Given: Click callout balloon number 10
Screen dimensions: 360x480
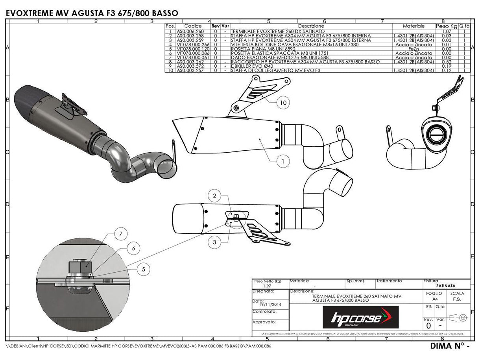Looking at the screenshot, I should tap(283, 103).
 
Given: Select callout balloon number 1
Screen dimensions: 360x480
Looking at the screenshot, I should tap(283, 161).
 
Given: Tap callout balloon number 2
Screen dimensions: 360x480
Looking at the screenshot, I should tap(215, 196).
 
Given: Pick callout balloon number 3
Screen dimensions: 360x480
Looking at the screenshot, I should tap(215, 242).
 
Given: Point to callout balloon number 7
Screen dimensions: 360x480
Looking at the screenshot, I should tap(121, 234).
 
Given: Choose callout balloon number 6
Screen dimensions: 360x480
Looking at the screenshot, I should tap(134, 248).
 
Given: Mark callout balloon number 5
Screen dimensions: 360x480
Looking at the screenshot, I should tap(144, 269).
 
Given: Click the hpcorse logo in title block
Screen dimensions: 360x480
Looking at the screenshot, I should tap(360, 317).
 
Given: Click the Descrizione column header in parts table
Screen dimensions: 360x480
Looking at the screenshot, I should tap(311, 26).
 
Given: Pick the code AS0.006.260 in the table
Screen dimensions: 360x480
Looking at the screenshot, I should tap(190, 31).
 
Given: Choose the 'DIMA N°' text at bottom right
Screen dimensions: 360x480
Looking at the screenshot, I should tap(447, 346).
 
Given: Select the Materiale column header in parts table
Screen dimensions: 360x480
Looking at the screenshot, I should tap(414, 26).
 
